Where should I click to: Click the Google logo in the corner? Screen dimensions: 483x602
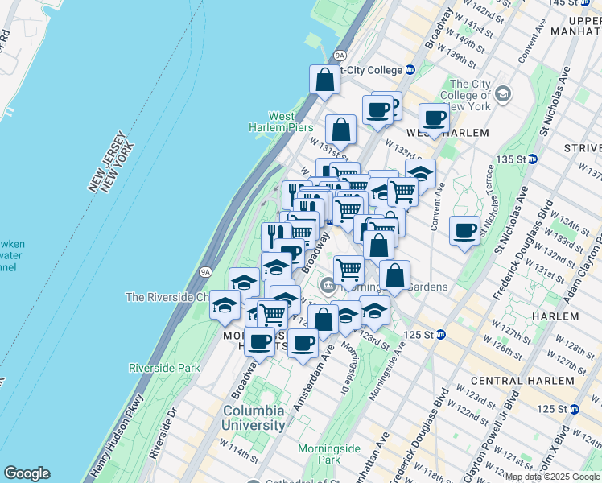tap(27, 473)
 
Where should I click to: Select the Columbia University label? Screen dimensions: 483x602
tap(254, 418)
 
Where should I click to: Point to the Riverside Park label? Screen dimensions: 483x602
tap(164, 368)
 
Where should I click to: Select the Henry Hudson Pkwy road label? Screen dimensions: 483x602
tap(104, 431)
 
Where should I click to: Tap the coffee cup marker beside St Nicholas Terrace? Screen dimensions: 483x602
tap(464, 230)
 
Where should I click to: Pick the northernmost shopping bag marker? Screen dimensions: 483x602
tap(324, 80)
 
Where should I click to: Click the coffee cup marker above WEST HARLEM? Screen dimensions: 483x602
tap(434, 118)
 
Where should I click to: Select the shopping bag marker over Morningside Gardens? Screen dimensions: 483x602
tap(394, 275)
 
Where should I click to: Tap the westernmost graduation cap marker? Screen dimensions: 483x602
tap(225, 304)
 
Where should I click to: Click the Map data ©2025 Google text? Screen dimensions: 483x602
tap(552, 477)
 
